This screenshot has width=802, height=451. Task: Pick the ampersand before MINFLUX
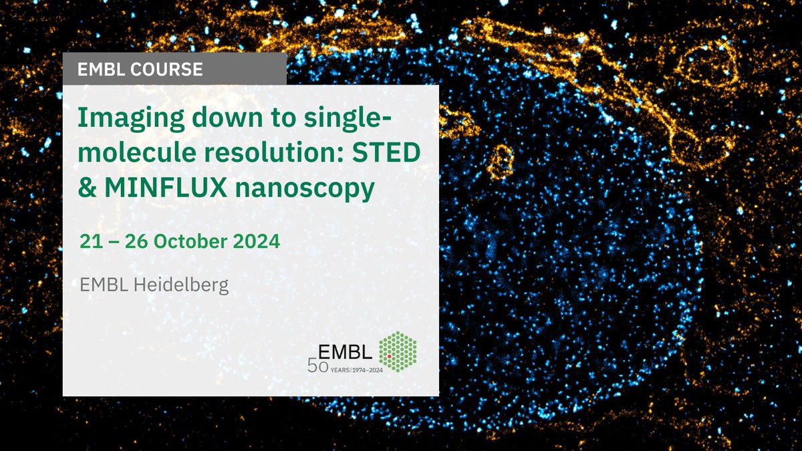(86, 190)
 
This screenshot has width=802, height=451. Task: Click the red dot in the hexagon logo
(389, 357)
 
